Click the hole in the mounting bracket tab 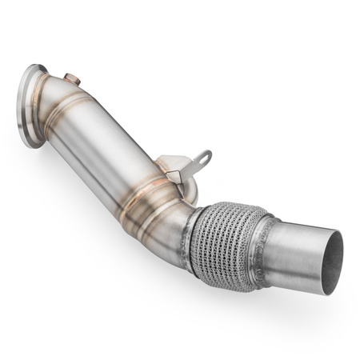tap(202, 158)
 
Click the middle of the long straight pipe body tap(112, 152)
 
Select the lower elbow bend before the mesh tap(172, 212)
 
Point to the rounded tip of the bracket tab tap(206, 154)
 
